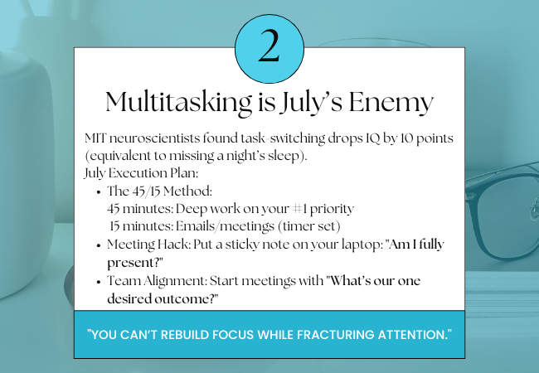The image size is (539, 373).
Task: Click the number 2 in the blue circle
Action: coord(269,46)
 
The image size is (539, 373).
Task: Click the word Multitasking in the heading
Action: coord(178,102)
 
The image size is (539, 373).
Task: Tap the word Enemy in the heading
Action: coord(391,103)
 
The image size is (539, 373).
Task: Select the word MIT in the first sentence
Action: coord(95,138)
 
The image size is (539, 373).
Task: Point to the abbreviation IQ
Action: coord(372,138)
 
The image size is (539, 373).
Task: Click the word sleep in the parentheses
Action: coord(283,156)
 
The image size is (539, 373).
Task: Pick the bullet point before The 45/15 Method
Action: coord(99,192)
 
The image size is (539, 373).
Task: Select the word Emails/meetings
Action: coord(226,226)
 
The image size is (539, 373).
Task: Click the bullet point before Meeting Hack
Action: coord(99,245)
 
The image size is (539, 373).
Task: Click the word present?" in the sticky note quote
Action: coord(134,263)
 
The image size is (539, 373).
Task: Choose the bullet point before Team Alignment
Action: coord(99,282)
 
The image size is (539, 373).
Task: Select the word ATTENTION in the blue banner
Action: coord(412,335)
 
